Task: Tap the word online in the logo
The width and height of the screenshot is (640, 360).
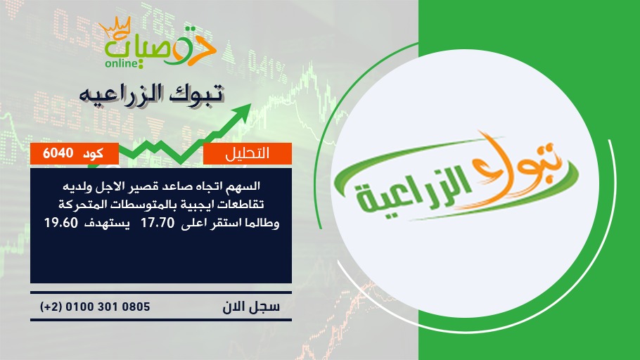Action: point(121,63)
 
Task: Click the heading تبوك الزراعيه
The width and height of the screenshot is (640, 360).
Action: point(151,94)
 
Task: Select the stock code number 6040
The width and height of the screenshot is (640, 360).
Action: point(58,153)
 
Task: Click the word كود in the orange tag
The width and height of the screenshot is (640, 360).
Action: point(93,153)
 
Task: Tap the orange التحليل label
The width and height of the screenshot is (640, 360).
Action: point(248,153)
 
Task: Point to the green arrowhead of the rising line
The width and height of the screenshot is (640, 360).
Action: point(243,111)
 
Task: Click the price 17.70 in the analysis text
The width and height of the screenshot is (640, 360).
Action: point(158,223)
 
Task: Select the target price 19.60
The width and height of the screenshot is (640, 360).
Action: point(60,223)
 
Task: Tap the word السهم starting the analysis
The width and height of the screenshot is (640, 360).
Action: point(245,186)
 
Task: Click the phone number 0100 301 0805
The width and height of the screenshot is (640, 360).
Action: point(108,307)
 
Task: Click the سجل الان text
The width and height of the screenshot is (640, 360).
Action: point(252,307)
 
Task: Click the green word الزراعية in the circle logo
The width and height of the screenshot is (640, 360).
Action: point(415,192)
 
